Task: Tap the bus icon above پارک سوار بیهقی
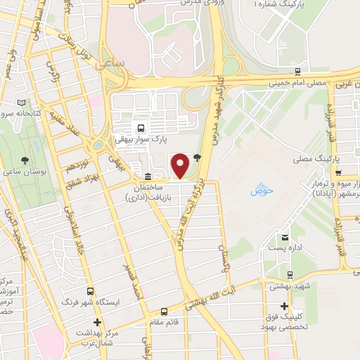[141, 128]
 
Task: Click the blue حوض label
[261, 191]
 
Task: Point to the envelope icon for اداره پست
[285, 237]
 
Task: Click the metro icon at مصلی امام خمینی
[299, 72]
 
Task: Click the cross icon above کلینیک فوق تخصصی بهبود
[284, 306]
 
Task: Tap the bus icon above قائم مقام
[164, 311]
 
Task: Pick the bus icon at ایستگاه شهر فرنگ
[89, 290]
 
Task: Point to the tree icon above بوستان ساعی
[25, 160]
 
